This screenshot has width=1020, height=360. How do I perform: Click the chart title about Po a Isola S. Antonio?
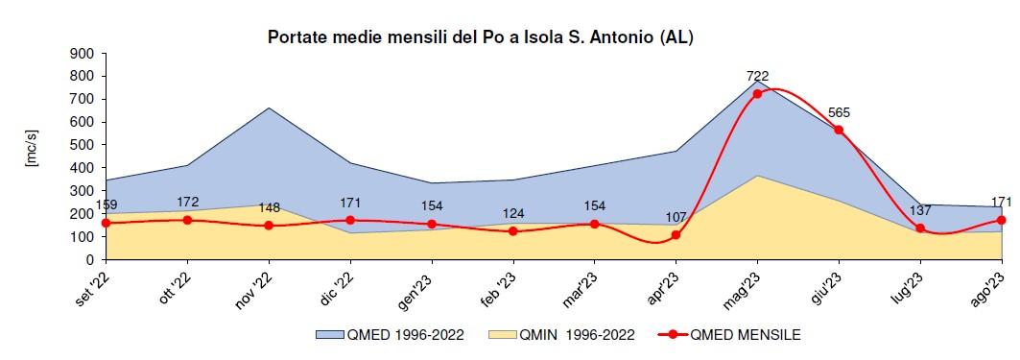(479, 37)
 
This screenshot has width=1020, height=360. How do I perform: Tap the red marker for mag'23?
(757, 93)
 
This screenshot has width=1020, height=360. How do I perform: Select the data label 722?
(757, 77)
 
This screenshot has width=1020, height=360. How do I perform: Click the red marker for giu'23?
(839, 130)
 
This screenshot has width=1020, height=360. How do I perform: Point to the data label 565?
(839, 112)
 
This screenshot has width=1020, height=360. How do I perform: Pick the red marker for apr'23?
(676, 235)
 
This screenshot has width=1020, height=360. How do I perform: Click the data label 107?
(676, 218)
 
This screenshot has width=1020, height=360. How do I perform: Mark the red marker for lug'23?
(920, 228)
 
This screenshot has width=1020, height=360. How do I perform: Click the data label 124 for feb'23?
(512, 214)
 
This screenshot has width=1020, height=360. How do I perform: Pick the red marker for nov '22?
(269, 226)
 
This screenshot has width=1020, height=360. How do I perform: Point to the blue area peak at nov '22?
(269, 108)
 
